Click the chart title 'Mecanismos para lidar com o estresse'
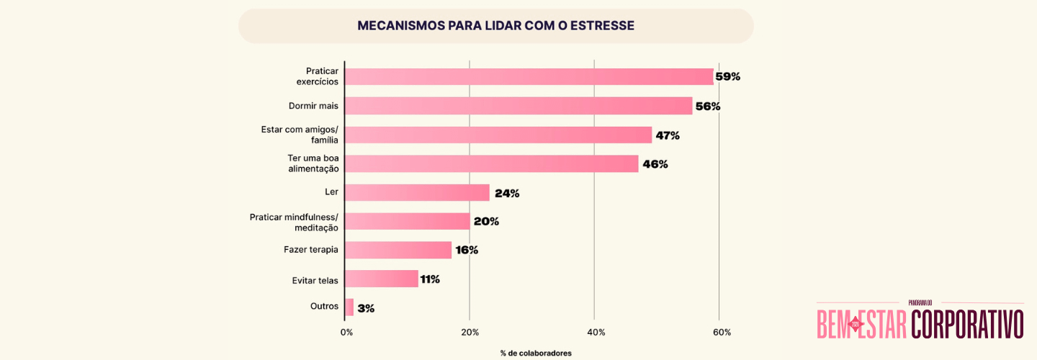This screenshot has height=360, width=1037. point(495,26)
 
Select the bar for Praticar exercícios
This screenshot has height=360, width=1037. point(529,77)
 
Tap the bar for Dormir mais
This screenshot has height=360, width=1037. point(518,106)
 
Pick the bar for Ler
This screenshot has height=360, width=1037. point(417,192)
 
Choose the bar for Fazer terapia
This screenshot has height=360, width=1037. point(398,250)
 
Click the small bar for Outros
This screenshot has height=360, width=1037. point(349,307)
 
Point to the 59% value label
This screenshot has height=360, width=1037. point(727,77)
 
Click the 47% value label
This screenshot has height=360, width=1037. point(667,135)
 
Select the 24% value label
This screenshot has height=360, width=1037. point(506,193)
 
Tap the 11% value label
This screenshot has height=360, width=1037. point(430,279)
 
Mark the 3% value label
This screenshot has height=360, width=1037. point(366,308)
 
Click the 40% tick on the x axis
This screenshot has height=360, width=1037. point(596,332)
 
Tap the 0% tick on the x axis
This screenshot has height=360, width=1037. point(346,332)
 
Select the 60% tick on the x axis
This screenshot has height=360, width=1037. point(721,332)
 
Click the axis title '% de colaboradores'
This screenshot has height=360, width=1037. point(536,353)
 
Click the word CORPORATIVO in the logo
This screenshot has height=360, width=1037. point(967,324)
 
